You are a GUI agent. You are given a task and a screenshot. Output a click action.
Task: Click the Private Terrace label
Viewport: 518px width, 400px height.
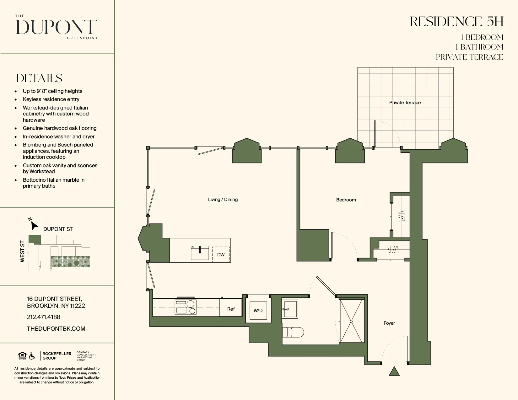tap(405, 103)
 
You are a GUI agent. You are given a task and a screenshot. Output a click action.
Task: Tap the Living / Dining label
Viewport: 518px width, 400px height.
tap(223, 200)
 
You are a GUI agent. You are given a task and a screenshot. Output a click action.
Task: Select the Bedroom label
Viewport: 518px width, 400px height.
tap(346, 200)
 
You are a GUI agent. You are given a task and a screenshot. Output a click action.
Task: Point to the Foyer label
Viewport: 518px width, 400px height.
tap(389, 323)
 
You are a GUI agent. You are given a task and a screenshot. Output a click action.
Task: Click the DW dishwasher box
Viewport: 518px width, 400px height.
tap(221, 254)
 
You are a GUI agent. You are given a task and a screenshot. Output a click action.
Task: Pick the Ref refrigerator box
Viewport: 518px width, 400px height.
tap(231, 309)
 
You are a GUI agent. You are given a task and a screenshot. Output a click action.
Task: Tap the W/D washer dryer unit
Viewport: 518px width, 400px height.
tap(258, 311)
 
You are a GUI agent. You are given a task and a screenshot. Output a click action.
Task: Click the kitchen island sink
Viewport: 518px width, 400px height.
tap(200, 253)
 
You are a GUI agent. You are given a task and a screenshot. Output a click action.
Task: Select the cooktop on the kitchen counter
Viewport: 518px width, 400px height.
tap(186, 307)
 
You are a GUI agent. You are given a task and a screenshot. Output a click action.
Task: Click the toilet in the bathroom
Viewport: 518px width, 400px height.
tap(293, 332)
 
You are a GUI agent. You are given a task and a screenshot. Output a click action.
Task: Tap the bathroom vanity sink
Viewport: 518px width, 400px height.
tap(289, 309)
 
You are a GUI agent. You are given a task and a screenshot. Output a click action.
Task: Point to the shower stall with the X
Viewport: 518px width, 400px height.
tap(351, 321)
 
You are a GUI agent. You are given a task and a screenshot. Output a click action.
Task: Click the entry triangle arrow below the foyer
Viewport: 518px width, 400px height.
tap(394, 371)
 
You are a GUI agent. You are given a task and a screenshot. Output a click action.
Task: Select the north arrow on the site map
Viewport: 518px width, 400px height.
tap(34, 225)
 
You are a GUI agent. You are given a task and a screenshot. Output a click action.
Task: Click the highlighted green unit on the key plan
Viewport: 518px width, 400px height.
tap(35, 239)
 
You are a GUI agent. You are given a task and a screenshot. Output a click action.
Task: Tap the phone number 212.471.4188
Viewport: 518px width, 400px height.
tap(44, 317)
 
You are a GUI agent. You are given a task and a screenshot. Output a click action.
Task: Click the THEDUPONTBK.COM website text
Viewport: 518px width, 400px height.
tap(56, 329)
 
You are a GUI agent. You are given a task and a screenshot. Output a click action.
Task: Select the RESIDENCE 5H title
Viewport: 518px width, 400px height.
tap(456, 22)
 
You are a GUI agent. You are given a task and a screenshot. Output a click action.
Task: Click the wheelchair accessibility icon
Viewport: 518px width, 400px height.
tap(32, 356)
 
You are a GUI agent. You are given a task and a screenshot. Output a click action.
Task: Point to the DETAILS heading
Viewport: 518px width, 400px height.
tap(39, 78)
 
